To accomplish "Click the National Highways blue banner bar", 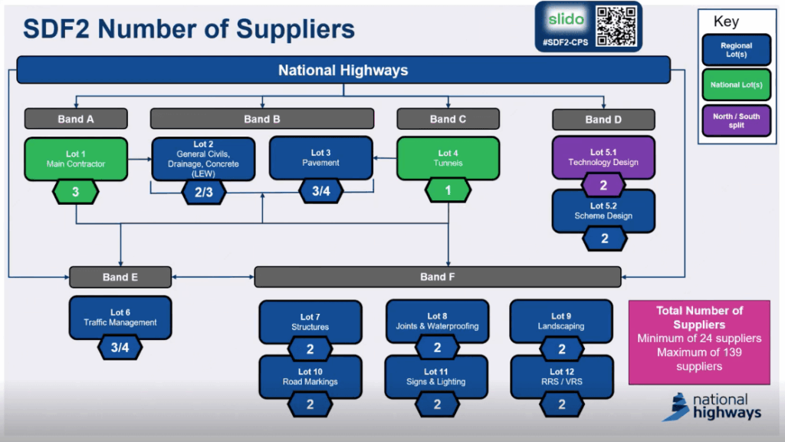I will point(343,70).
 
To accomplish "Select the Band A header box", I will point(75,119).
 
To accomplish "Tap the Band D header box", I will point(603,119).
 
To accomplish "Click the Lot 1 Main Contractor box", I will point(75,159).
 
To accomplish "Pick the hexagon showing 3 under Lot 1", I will point(75,192).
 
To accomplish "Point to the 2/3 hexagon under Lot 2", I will point(203,192).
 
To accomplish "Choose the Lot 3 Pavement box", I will point(320,158).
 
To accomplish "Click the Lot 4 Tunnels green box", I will point(448,158).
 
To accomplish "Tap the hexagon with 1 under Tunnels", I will point(448,191).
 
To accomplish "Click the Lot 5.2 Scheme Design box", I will point(603,211).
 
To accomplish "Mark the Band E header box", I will point(120,277).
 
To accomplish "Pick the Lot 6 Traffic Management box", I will point(120,318).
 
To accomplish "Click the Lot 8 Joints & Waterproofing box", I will point(437,321).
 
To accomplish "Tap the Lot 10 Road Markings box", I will point(310,376).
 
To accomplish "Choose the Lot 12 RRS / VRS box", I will point(561,376).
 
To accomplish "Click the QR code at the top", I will point(617,27).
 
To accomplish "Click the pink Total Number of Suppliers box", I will point(699,341).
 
